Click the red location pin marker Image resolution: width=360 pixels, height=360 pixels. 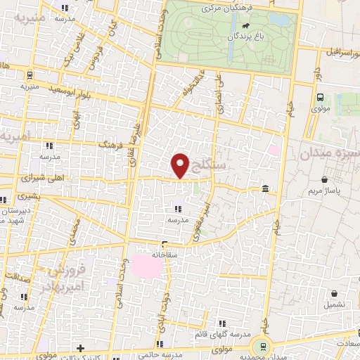pyautogui.click(x=181, y=166)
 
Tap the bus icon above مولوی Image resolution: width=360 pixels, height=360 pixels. pyautogui.click(x=320, y=98)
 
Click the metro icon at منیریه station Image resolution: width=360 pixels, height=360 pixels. pyautogui.click(x=30, y=75)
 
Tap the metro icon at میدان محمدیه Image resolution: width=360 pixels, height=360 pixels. pyautogui.click(x=264, y=345)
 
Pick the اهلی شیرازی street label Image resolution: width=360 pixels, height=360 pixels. pyautogui.click(x=45, y=179)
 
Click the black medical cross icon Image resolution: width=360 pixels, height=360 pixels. pyautogui.click(x=81, y=347)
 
